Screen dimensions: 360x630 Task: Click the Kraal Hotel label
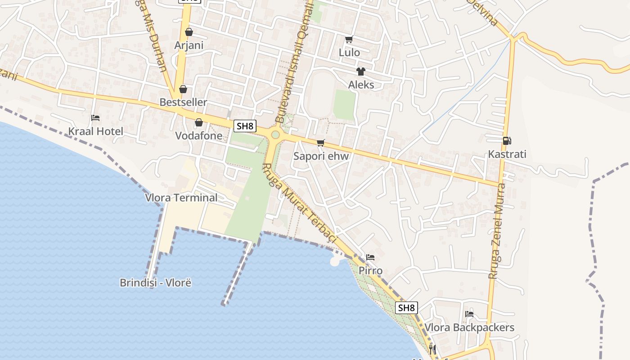pyautogui.click(x=95, y=131)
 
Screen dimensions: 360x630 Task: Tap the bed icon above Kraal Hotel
pyautogui.click(x=95, y=118)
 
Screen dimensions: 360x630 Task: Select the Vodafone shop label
pyautogui.click(x=198, y=135)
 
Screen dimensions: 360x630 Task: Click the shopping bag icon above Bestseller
pyautogui.click(x=183, y=89)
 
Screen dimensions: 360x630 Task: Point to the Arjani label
pyautogui.click(x=189, y=45)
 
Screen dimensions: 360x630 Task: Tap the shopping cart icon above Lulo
pyautogui.click(x=349, y=39)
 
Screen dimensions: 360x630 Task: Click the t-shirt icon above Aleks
pyautogui.click(x=360, y=71)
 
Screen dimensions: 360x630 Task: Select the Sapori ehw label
pyautogui.click(x=321, y=156)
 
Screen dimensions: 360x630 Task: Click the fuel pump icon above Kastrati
pyautogui.click(x=507, y=141)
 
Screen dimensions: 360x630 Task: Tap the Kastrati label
pyautogui.click(x=507, y=154)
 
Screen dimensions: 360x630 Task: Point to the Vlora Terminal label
pyautogui.click(x=181, y=198)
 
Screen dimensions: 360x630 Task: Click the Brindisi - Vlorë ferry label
pyautogui.click(x=155, y=283)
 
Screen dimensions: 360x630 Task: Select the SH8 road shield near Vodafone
pyautogui.click(x=245, y=126)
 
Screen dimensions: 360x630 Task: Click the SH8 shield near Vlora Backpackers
pyautogui.click(x=406, y=308)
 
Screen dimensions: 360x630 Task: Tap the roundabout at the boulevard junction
pyautogui.click(x=275, y=135)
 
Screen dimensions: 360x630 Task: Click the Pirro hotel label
pyautogui.click(x=370, y=270)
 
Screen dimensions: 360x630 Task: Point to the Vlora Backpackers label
pyautogui.click(x=469, y=327)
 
